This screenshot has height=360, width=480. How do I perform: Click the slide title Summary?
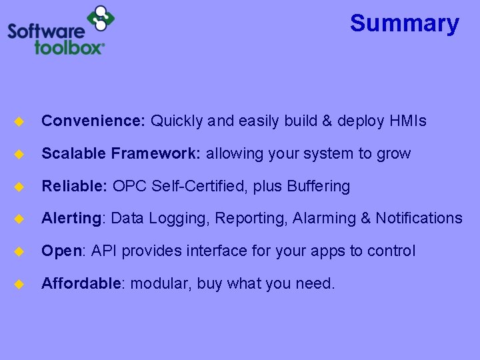coord(404,23)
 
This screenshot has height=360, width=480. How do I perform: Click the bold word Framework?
coord(155,154)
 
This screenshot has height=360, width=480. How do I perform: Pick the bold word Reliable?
coord(74,186)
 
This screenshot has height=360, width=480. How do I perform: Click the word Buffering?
coord(318,186)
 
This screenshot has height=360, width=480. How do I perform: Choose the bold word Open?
coord(61,251)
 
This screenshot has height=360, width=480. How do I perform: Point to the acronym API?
coord(103,251)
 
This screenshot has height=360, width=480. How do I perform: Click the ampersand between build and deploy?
coord(326,121)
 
